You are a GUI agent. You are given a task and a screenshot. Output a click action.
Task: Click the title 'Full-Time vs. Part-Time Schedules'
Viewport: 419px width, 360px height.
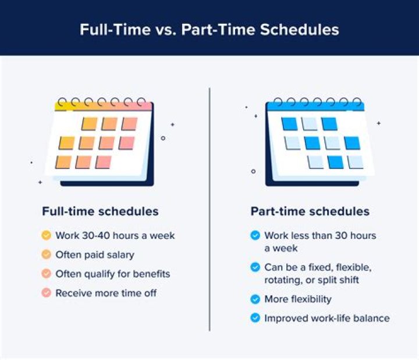pos(210,29)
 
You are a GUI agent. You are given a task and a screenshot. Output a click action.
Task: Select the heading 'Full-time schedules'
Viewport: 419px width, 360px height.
pos(100,211)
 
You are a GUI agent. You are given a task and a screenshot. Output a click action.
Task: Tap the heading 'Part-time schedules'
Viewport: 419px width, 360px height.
pos(310,211)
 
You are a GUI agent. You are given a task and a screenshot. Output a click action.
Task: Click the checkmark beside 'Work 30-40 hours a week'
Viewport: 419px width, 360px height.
pos(46,236)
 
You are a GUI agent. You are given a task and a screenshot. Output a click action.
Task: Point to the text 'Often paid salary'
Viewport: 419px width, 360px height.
pos(95,255)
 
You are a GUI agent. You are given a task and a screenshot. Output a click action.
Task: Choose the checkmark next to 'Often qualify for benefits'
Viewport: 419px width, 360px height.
pos(46,274)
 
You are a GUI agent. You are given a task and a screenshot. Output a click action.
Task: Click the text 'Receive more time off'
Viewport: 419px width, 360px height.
pos(106,293)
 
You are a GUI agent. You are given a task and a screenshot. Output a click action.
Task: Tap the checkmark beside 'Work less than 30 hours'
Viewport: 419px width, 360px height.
pos(255,236)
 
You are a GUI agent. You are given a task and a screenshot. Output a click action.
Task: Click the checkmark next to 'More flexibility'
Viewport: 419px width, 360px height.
pos(255,299)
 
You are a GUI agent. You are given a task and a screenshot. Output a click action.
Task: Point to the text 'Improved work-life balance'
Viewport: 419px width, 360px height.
pos(326,318)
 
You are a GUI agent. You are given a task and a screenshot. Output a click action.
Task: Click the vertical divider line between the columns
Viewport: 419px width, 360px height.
pos(210,210)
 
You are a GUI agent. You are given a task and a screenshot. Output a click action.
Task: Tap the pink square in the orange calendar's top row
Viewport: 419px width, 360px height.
pos(129,123)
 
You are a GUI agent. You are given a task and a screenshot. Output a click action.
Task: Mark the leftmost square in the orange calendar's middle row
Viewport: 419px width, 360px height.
pos(67,143)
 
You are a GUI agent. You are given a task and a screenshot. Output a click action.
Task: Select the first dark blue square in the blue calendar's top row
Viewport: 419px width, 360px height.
pos(289,124)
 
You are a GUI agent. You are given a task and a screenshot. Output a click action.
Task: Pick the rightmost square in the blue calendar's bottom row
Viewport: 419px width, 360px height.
pos(355,162)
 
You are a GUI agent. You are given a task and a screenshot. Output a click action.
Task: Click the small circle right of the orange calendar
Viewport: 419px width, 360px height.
pos(163,138)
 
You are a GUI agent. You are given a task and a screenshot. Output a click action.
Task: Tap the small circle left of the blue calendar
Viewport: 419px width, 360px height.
pos(253,171)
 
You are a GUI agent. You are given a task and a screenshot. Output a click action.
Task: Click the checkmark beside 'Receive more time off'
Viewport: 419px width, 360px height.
pos(46,293)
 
